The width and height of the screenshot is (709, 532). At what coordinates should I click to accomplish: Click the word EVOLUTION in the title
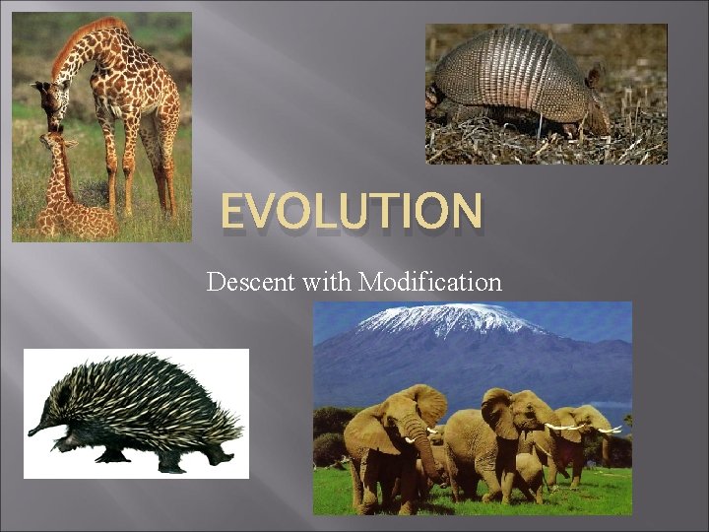click(352, 212)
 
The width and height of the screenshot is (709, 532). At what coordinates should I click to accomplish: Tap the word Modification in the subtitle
click(430, 283)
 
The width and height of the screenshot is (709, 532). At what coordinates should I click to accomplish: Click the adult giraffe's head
click(47, 103)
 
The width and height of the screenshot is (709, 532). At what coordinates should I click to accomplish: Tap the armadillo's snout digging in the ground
click(433, 99)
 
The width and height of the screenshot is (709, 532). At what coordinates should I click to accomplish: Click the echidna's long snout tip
click(32, 431)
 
